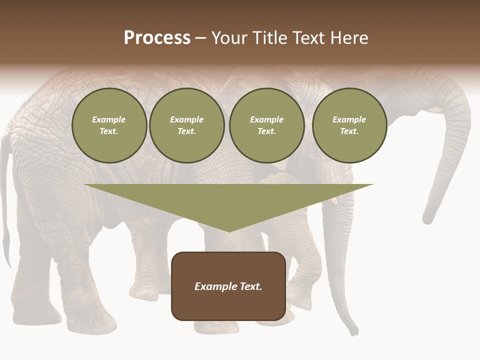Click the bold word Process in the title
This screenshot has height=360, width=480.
(157, 38)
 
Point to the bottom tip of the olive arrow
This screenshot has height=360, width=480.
(229, 231)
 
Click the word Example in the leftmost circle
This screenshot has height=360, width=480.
(109, 119)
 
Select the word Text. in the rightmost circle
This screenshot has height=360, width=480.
(349, 131)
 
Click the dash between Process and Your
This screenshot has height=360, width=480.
(200, 38)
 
